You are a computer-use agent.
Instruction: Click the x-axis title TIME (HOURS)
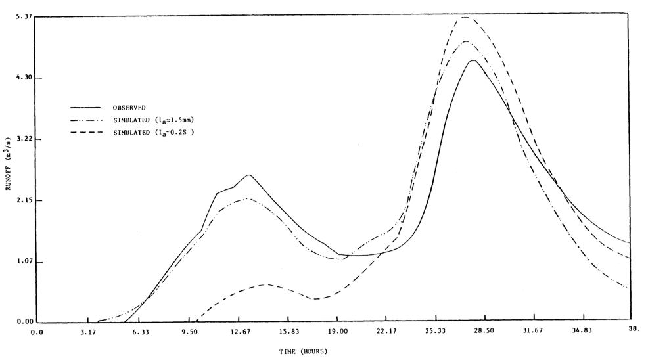click(x=302, y=351)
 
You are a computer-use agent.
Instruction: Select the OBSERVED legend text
click(x=129, y=108)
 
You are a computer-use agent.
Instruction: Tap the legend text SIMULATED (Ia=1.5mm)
click(x=153, y=120)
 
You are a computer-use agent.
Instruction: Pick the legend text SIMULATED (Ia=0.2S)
click(x=153, y=133)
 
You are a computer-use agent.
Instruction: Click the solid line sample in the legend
click(x=85, y=108)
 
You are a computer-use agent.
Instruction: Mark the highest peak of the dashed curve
click(x=464, y=18)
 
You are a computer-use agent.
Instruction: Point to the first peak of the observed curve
click(x=248, y=175)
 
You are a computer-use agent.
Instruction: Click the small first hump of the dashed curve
click(x=265, y=284)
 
